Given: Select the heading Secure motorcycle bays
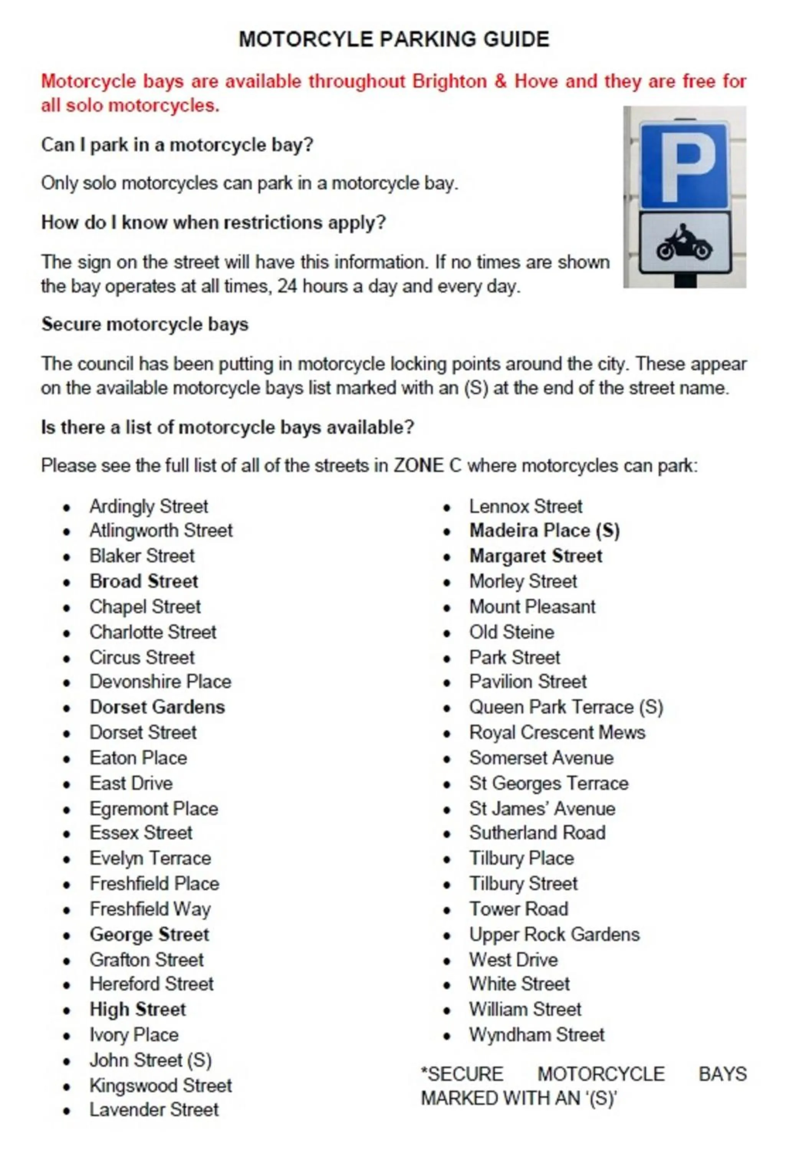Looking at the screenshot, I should [145, 325].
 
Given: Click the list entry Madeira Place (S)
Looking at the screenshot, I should [544, 531].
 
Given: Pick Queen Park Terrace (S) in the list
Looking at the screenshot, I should [566, 707].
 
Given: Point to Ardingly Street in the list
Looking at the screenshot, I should [148, 506].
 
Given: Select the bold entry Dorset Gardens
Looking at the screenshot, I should [157, 707].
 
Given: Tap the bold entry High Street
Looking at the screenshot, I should [138, 1009].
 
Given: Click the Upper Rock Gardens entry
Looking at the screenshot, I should [554, 934].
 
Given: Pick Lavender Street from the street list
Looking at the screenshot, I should [154, 1109].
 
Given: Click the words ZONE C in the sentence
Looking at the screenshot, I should [427, 466].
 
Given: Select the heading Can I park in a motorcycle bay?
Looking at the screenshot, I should [177, 145].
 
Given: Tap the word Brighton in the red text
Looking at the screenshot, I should [449, 81].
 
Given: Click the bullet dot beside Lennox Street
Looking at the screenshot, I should [447, 508].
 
